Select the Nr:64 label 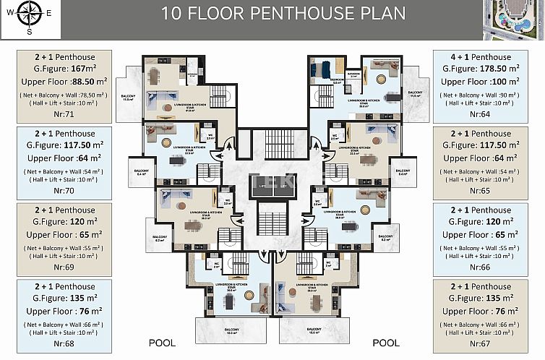point(480,114)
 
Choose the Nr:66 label point(480,267)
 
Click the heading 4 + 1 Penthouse point(480,57)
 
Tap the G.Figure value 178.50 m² point(480,69)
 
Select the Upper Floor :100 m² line point(480,82)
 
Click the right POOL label point(386,343)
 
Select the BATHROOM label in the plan point(353,74)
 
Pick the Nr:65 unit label point(480,191)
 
